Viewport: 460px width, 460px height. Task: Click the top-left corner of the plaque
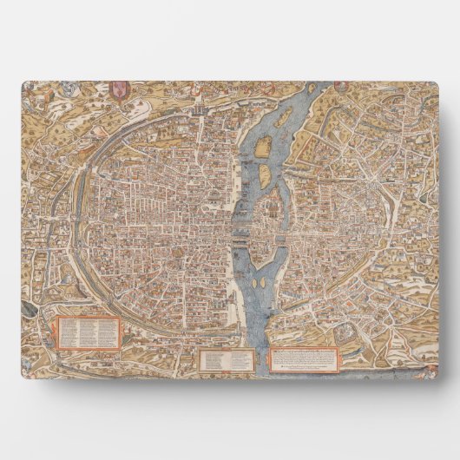(x=22, y=82)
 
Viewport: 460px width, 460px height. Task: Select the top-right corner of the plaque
(x=437, y=82)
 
